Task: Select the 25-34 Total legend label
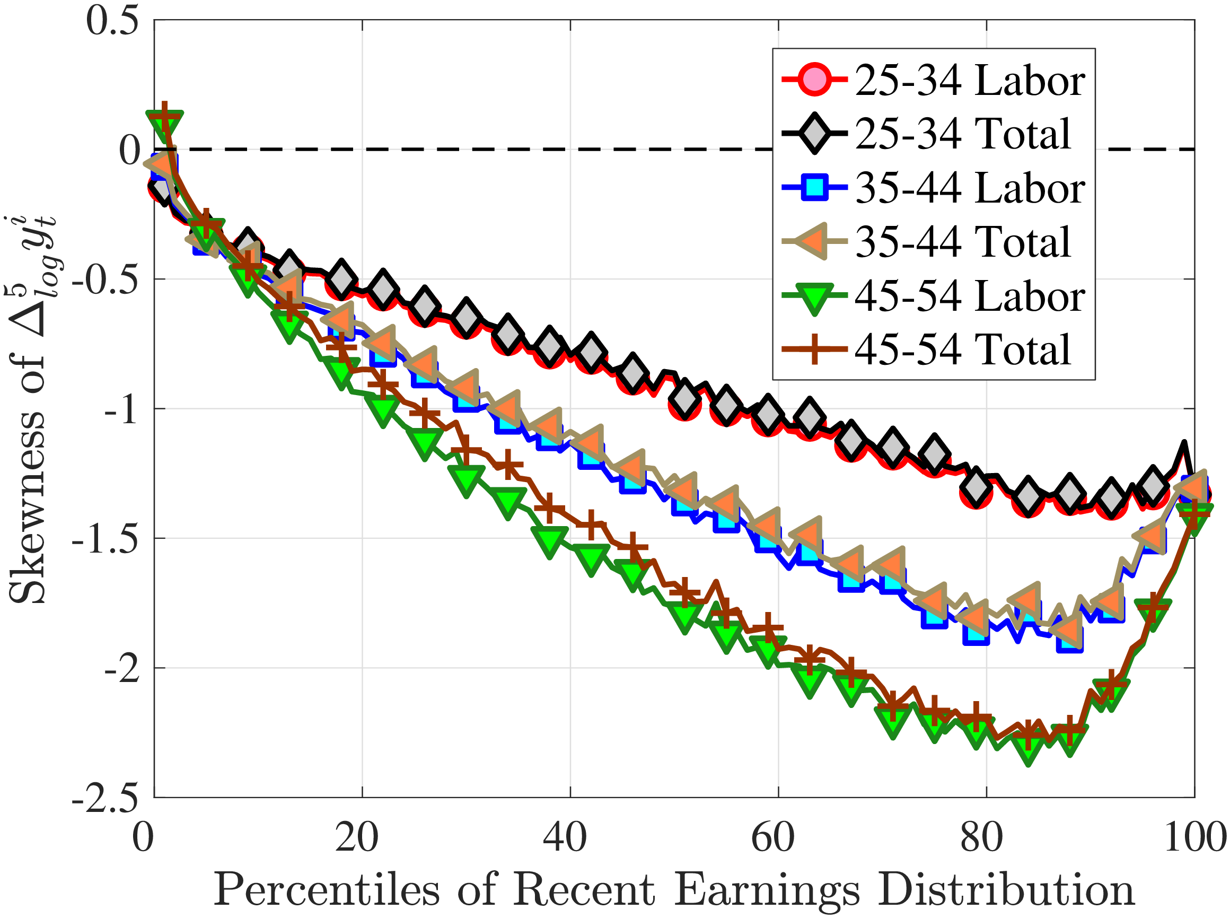(x=962, y=134)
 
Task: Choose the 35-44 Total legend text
(x=962, y=242)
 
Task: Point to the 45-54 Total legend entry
(x=962, y=349)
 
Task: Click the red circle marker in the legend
(x=814, y=81)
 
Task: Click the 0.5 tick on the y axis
(x=112, y=21)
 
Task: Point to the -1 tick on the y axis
(x=120, y=409)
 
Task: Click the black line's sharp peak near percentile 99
(x=1184, y=443)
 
